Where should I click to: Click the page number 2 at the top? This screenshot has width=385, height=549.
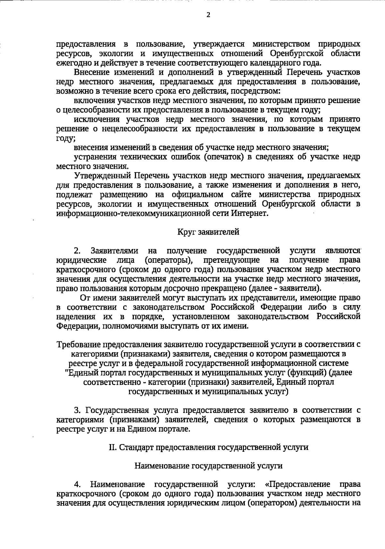tap(208, 15)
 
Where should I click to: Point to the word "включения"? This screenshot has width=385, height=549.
tap(91, 101)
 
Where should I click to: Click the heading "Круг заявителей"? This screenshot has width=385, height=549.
tap(208, 232)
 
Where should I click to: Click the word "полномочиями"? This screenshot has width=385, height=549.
tap(133, 326)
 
